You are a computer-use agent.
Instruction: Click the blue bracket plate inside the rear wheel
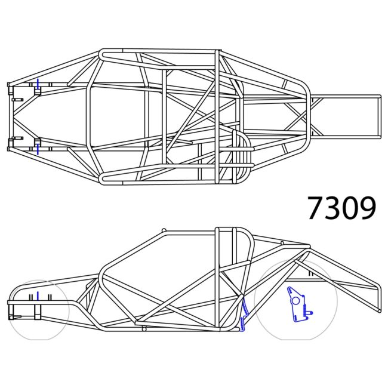pyautogui.click(x=296, y=304)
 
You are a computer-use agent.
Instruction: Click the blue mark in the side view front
pyautogui.click(x=37, y=295)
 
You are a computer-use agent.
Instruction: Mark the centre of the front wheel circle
pyautogui.click(x=39, y=310)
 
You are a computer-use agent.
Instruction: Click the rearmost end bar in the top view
pyautogui.click(x=379, y=116)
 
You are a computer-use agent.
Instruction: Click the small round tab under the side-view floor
pyautogui.click(x=144, y=329)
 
